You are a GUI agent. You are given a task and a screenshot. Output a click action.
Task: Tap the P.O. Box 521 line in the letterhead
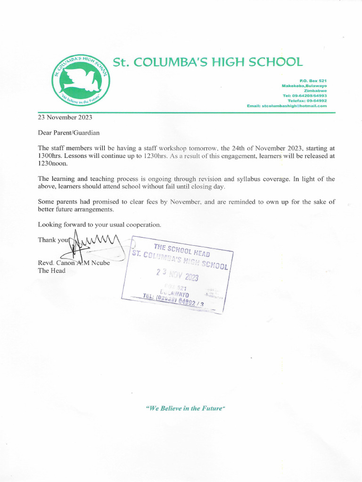click(313, 81)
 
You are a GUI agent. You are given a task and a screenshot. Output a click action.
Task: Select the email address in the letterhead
click(294, 106)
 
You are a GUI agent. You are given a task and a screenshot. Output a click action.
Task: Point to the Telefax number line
click(307, 101)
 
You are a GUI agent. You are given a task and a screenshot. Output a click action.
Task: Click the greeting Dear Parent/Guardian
click(69, 133)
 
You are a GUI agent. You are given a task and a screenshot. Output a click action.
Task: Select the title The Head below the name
click(51, 271)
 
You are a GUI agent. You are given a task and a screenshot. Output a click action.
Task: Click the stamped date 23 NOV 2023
click(177, 275)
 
